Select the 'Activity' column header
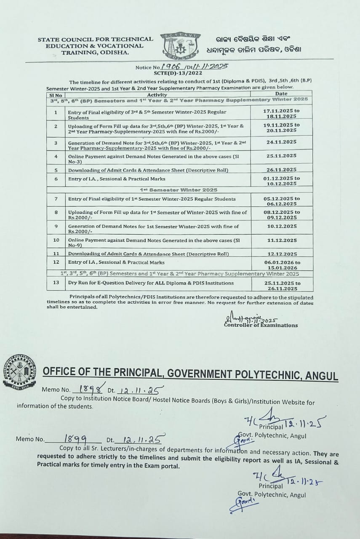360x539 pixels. pyautogui.click(x=160, y=95)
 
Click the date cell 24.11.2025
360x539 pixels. pyautogui.click(x=281, y=142)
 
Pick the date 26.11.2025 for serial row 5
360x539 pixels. pyautogui.click(x=281, y=170)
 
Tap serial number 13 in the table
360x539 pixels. pyautogui.click(x=56, y=283)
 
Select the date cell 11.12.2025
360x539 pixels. pyautogui.click(x=281, y=240)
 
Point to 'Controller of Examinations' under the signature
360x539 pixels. pyautogui.click(x=261, y=325)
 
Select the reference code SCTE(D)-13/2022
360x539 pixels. pyautogui.click(x=178, y=73)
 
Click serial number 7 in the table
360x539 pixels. pyautogui.click(x=56, y=198)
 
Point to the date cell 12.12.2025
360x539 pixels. pyautogui.click(x=281, y=254)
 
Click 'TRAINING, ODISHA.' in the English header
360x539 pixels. pyautogui.click(x=96, y=53)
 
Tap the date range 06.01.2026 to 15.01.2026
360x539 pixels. pyautogui.click(x=281, y=265)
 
